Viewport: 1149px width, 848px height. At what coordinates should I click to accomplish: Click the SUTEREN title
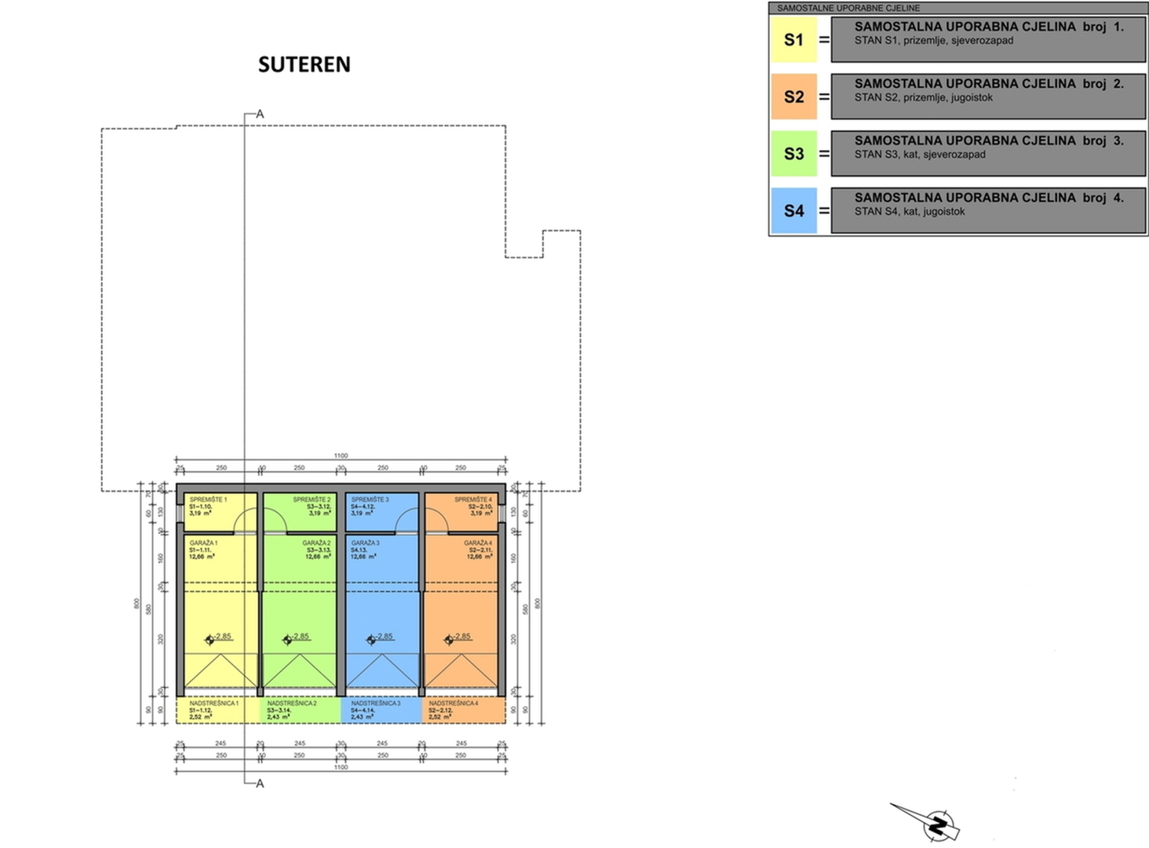pos(305,64)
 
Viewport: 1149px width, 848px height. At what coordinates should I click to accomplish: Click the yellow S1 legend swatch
pos(793,40)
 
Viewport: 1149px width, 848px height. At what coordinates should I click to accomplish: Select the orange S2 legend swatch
pos(793,97)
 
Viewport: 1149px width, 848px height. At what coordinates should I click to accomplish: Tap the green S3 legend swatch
pos(793,153)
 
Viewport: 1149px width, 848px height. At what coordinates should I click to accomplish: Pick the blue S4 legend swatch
pos(793,210)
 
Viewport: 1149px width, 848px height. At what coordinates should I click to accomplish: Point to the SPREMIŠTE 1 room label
pos(208,500)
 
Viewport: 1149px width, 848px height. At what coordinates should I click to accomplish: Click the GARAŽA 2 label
pos(316,543)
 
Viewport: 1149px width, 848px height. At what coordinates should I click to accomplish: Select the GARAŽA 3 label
pos(365,543)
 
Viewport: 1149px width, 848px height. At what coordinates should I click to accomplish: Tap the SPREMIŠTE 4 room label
pos(473,500)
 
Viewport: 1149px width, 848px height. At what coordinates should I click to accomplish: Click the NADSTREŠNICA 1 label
pos(213,704)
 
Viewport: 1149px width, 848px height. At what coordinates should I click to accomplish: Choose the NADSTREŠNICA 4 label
pos(453,704)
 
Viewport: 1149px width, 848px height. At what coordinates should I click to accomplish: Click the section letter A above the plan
pos(260,115)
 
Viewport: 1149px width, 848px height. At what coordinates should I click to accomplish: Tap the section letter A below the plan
pos(260,784)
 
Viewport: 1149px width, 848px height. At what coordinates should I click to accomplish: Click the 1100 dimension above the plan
pos(341,456)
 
